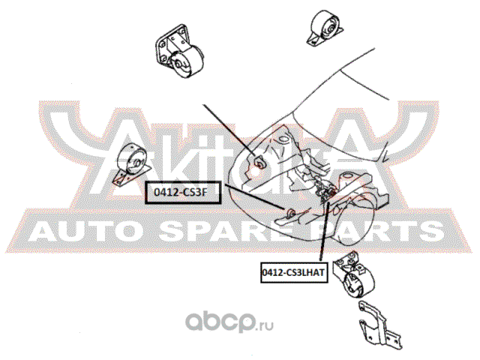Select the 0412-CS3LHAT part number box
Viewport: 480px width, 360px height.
coord(293,274)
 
